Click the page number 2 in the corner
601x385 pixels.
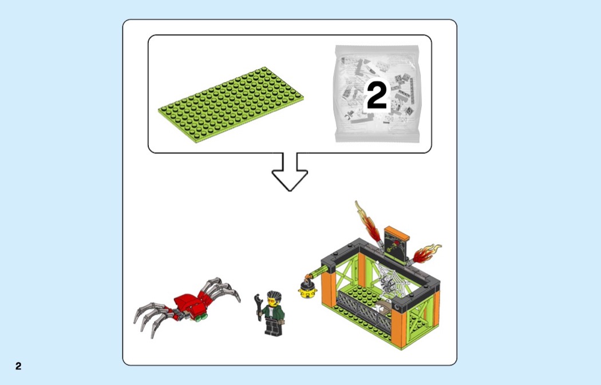[18, 366]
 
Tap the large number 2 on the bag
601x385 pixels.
[377, 96]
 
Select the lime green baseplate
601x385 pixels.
[231, 105]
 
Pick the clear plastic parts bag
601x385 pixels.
[377, 93]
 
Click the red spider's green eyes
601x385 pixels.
[201, 317]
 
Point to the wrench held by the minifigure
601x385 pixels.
[259, 306]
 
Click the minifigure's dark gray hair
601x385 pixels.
[274, 296]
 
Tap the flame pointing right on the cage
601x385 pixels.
[425, 253]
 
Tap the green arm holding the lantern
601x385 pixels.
[317, 274]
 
